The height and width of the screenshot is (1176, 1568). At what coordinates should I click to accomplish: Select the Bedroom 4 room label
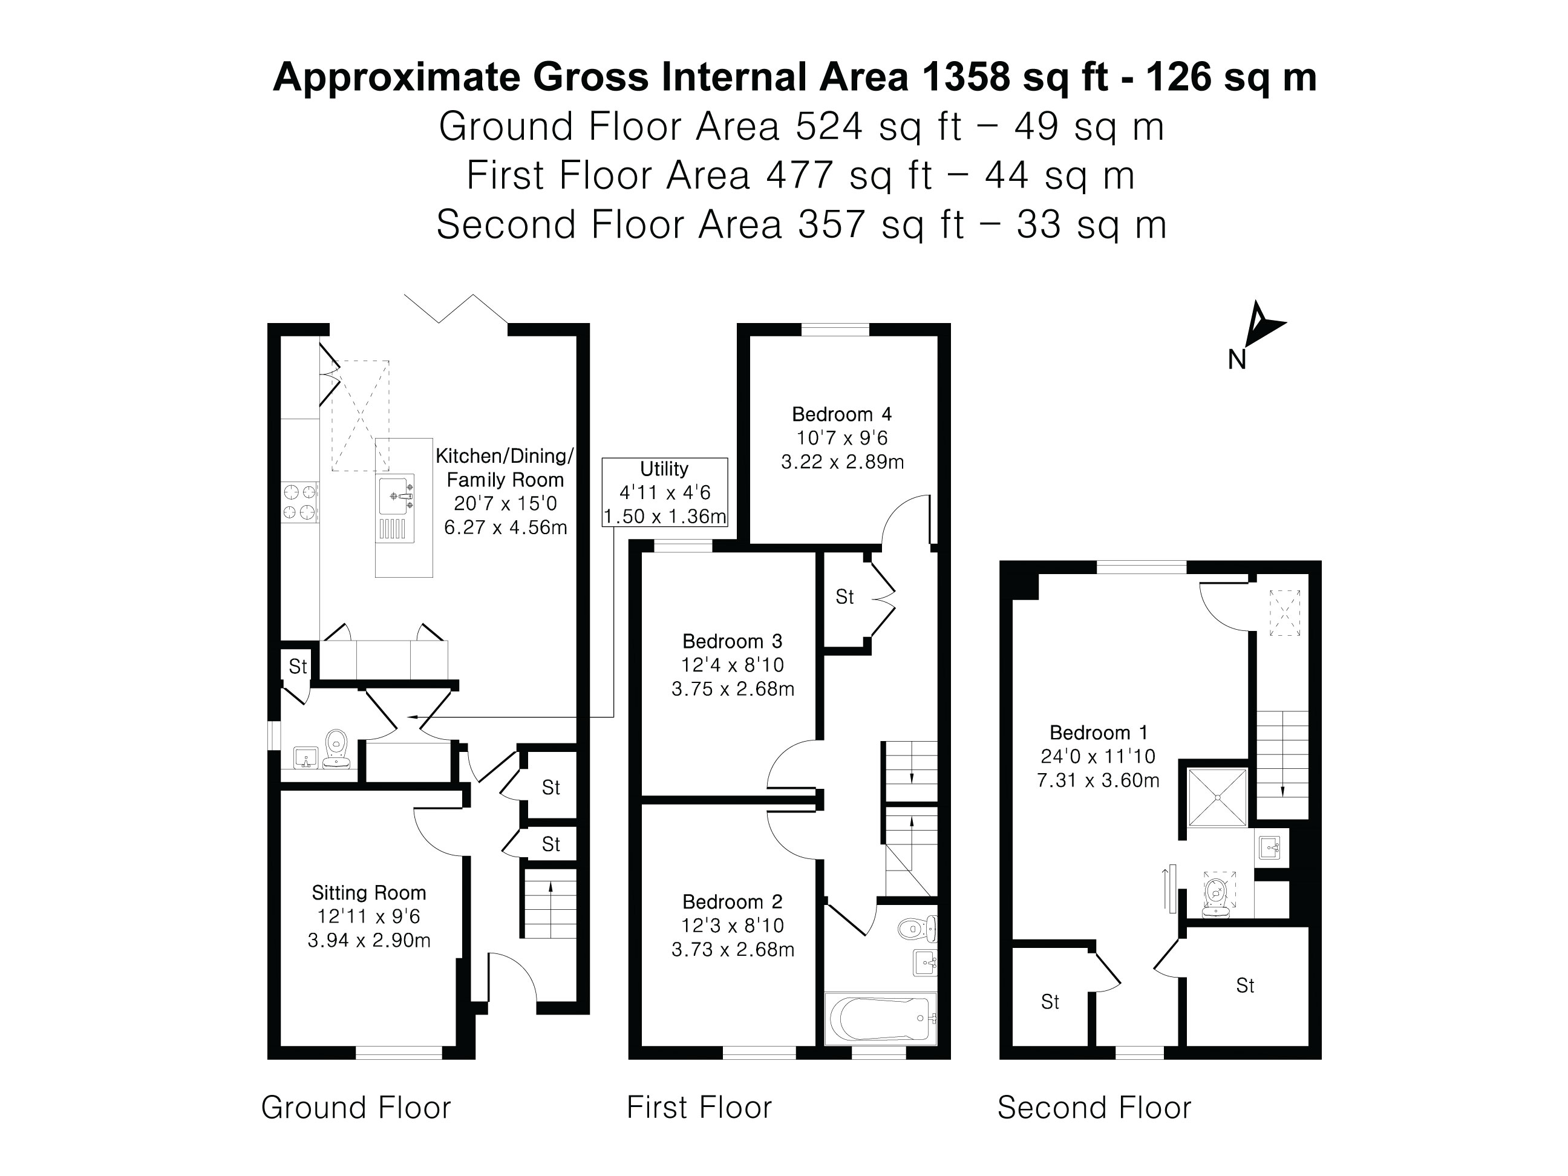[841, 414]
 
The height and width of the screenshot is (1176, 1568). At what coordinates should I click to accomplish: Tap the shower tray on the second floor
[1217, 797]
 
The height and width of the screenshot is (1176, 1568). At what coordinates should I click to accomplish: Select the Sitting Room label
[368, 892]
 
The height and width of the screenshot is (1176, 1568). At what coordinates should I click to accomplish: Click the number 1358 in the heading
[965, 77]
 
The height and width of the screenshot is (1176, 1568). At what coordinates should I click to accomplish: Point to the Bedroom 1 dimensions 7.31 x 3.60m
[1098, 780]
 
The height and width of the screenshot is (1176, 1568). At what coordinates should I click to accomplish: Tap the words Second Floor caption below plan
[1094, 1107]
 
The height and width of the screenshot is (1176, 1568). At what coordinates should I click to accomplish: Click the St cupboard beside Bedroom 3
[844, 597]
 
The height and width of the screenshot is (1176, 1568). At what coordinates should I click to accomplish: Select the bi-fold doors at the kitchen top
[454, 309]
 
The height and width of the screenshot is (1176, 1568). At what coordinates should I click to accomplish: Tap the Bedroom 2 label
[732, 902]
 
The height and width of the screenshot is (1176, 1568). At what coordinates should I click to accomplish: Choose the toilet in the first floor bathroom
[915, 928]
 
